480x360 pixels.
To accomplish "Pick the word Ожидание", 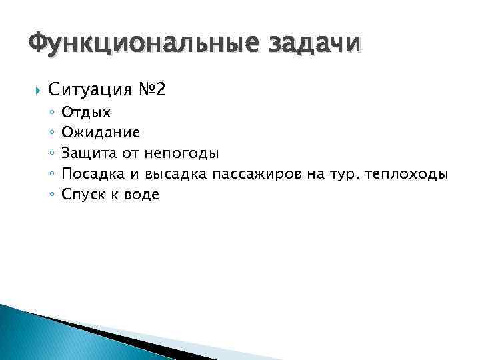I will point(100,133).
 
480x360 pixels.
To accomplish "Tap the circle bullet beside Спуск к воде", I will point(51,195).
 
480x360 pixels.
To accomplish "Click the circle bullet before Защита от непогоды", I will point(51,155).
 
